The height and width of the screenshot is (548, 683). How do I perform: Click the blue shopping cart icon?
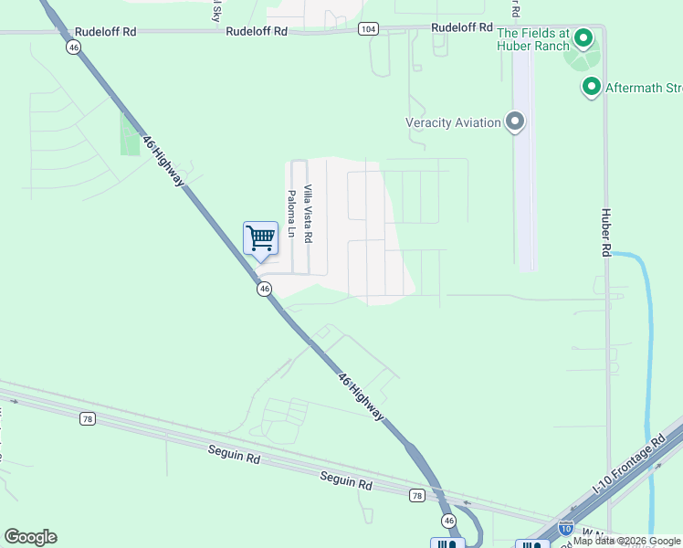coord(261,239)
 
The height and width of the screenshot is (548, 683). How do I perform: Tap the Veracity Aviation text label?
coord(453,122)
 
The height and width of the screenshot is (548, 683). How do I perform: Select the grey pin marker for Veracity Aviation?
coord(515,122)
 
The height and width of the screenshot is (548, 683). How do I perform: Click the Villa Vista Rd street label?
coord(309,214)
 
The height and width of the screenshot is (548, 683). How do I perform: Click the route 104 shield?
coord(368,29)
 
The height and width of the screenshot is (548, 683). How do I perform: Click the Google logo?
coord(30,537)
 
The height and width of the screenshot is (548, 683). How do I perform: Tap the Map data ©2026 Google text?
coord(627,541)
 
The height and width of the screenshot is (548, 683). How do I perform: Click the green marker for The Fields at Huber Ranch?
coord(583,38)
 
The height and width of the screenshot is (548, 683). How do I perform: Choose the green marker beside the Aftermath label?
coord(591,87)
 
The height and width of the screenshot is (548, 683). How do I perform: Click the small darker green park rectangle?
coord(131,133)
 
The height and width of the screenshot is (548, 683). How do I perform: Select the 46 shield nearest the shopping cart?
coord(263,289)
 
